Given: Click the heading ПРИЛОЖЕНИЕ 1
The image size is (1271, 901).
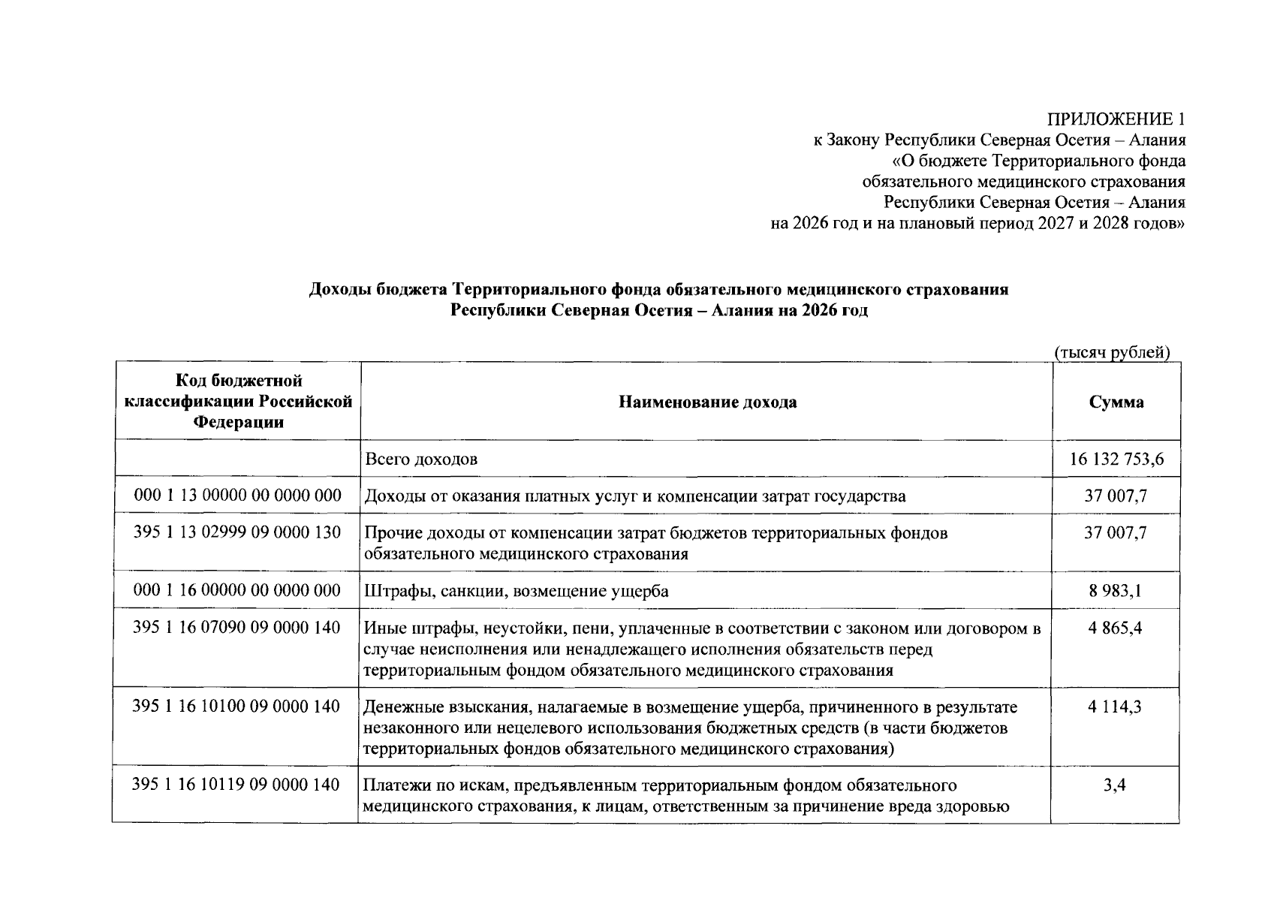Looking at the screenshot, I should [x=1116, y=119].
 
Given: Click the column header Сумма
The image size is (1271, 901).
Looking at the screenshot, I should [x=1116, y=402].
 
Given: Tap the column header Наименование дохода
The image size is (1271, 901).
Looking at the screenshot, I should [x=707, y=402].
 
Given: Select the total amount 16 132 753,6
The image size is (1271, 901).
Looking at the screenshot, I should [x=1116, y=460].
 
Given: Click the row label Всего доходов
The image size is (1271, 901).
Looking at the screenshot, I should [x=421, y=460].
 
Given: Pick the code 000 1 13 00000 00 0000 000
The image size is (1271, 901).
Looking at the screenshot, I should [x=237, y=496].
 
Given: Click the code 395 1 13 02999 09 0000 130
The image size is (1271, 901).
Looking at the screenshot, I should [x=237, y=532].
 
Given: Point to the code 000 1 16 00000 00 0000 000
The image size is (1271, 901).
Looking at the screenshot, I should [x=237, y=591].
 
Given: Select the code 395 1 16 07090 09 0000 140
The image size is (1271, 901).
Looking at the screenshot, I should [x=237, y=628].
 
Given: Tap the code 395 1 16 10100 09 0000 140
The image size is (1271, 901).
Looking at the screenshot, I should [x=237, y=707].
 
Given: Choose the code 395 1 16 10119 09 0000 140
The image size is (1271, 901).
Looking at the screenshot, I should [x=237, y=785].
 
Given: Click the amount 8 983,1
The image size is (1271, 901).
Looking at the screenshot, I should [x=1116, y=591].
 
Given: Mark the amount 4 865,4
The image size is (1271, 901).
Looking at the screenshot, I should [x=1116, y=628].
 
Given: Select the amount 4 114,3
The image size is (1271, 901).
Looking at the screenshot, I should [x=1116, y=707].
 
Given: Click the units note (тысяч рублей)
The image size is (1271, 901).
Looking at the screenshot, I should [x=1113, y=353].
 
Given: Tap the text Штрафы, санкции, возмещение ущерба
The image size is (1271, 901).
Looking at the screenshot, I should [x=517, y=592].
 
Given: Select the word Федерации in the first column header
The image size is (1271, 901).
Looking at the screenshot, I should [x=239, y=422].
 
